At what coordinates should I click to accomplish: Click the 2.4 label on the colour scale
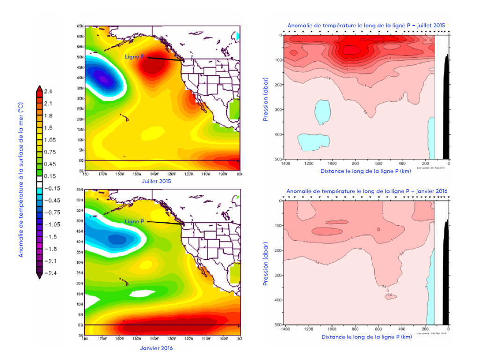[x=49, y=91]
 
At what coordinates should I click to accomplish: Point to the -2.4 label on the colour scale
[x=49, y=273]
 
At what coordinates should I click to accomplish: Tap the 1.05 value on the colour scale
[x=50, y=140]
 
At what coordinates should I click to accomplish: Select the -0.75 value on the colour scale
[x=50, y=213]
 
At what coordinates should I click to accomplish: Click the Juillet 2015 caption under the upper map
[x=154, y=181]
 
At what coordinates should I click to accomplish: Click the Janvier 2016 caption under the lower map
[x=157, y=348]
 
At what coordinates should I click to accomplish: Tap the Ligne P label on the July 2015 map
[x=135, y=57]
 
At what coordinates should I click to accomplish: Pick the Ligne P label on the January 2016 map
[x=135, y=221]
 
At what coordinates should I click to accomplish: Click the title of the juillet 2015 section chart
[x=366, y=25]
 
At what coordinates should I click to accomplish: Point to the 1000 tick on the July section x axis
[x=332, y=164]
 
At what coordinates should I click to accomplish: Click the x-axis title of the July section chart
[x=366, y=171]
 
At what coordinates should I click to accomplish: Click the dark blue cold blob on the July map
[x=105, y=77]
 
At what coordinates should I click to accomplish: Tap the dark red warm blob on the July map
[x=154, y=66]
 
